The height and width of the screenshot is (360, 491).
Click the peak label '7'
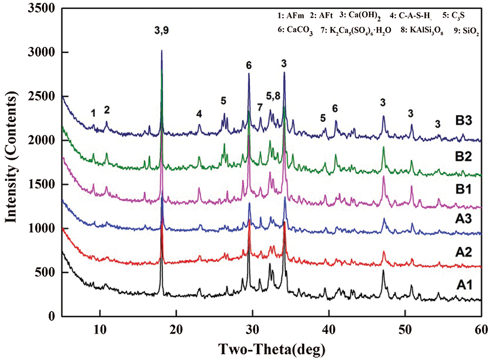[260, 108]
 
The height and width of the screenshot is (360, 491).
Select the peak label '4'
[199, 114]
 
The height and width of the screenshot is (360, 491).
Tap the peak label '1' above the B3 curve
[93, 114]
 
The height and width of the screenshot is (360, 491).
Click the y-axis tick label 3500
[45, 9]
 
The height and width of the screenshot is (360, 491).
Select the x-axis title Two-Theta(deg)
[272, 348]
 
